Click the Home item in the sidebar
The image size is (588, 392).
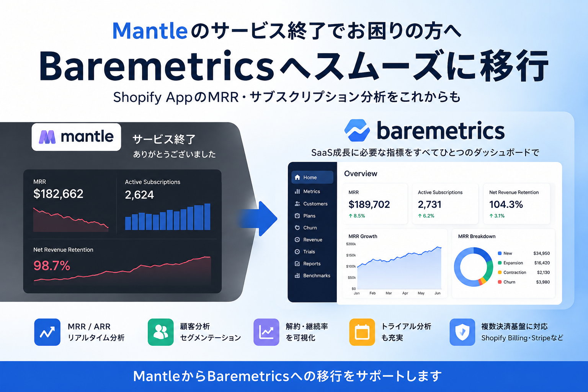click(x=312, y=178)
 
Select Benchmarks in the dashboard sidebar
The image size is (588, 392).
click(x=312, y=275)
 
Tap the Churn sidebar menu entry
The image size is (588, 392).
click(x=306, y=228)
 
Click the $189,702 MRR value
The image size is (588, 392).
click(x=369, y=204)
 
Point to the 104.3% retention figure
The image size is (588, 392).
click(x=506, y=204)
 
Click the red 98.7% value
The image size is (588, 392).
click(x=52, y=266)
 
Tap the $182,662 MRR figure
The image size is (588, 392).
click(x=58, y=194)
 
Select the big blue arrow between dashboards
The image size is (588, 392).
click(x=258, y=219)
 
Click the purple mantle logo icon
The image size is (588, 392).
click(x=47, y=137)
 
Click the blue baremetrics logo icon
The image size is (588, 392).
click(x=357, y=130)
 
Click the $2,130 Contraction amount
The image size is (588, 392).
click(x=543, y=272)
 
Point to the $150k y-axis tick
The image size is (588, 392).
click(x=351, y=255)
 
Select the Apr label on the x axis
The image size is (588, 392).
click(x=405, y=293)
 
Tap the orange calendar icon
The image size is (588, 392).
click(x=362, y=332)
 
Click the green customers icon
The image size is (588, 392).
click(x=161, y=332)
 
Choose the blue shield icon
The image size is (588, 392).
click(x=462, y=332)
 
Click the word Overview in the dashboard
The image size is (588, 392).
click(x=360, y=173)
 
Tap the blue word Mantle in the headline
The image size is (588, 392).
click(x=150, y=31)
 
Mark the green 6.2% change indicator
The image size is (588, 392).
click(x=426, y=216)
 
